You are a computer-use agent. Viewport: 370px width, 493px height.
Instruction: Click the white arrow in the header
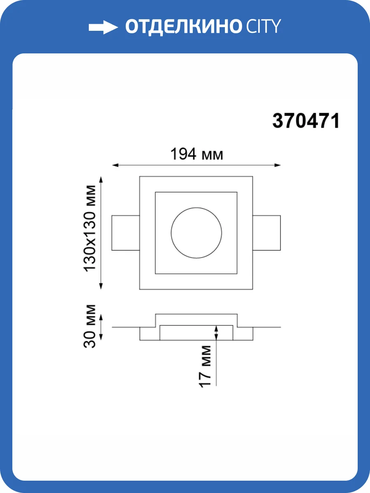[x=103, y=28]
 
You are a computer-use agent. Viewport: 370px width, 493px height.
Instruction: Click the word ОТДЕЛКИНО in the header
[x=183, y=27]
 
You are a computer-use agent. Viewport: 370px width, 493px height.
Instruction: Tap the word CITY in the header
[x=264, y=26]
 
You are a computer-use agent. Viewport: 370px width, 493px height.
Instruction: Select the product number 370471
[x=306, y=121]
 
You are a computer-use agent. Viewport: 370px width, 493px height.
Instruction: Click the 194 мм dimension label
[x=197, y=154]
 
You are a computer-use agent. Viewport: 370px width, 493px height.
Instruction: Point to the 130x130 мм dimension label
[x=90, y=228]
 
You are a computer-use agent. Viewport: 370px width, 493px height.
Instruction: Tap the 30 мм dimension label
[x=89, y=326]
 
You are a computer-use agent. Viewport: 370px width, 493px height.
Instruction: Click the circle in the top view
[x=197, y=207]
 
